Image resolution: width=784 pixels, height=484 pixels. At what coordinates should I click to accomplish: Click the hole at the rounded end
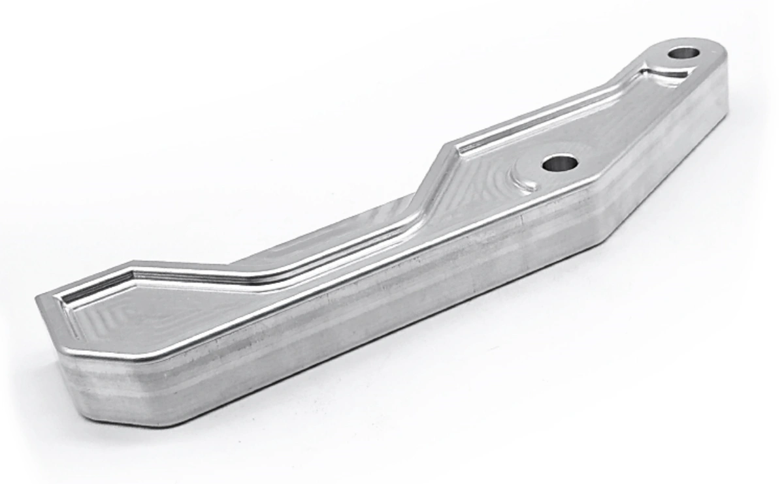(x=683, y=53)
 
